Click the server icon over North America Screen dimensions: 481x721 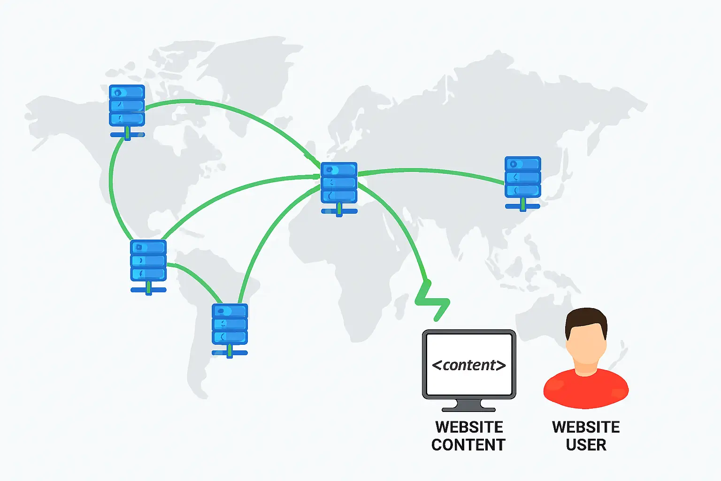click(127, 106)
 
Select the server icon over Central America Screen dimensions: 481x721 click(148, 261)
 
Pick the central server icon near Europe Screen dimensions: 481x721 click(339, 183)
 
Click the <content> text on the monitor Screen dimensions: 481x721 click(468, 365)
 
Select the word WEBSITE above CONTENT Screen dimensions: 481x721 click(469, 427)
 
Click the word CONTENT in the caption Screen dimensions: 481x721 click(468, 445)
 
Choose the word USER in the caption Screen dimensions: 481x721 click(586, 445)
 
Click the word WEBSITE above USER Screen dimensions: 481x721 click(586, 427)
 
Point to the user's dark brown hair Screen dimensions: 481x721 click(586, 319)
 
